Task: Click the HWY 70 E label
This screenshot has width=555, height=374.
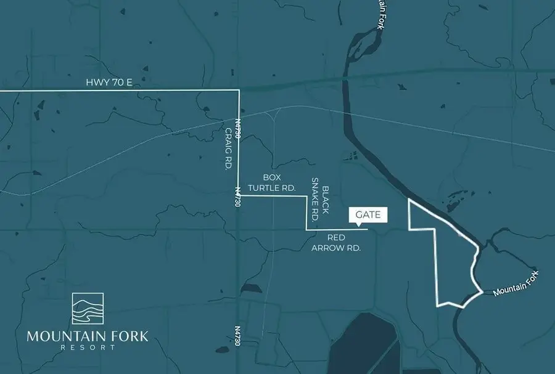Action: tap(109, 82)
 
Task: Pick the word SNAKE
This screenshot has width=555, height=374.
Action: tap(314, 196)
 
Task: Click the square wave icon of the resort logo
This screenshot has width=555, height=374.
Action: tap(88, 309)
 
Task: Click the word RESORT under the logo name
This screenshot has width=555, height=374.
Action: tap(88, 348)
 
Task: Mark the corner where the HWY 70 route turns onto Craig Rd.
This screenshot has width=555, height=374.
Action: tap(239, 91)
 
